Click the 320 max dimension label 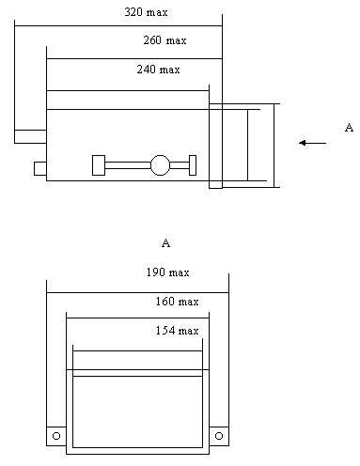(146, 12)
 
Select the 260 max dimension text (164, 40)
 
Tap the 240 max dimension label (158, 70)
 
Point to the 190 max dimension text (167, 272)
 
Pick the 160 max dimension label (177, 302)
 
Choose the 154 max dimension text (177, 331)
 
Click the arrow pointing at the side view (312, 143)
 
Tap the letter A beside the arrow (349, 128)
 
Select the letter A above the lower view (166, 242)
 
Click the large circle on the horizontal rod (160, 165)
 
